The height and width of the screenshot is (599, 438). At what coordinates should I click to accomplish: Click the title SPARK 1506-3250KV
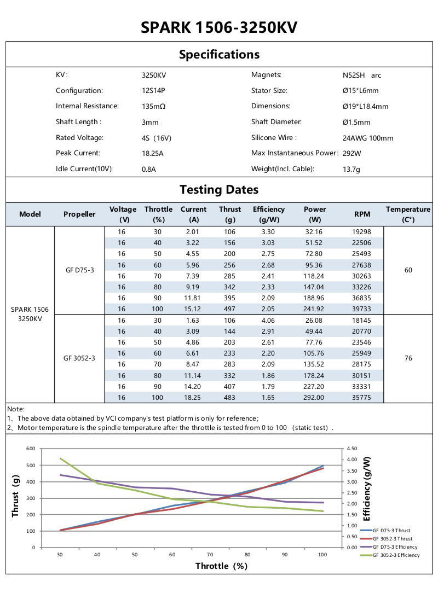click(219, 27)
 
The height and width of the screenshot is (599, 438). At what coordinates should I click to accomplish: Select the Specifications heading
click(219, 54)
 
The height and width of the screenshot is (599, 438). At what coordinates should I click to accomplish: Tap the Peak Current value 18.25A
click(153, 153)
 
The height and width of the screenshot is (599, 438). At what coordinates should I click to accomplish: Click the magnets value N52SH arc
click(361, 75)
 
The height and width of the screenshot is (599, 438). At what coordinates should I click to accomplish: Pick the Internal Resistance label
click(87, 106)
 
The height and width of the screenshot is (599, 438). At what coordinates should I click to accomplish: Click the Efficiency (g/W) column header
click(269, 214)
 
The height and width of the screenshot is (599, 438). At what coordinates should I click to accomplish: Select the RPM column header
click(362, 214)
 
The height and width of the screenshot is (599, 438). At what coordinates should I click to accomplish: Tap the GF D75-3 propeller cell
click(79, 270)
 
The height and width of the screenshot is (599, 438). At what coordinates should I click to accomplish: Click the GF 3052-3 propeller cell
click(79, 358)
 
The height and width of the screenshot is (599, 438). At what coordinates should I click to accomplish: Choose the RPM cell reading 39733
click(362, 309)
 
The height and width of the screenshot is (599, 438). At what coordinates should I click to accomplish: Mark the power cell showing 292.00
click(315, 397)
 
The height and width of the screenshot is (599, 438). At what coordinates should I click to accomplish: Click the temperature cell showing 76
click(408, 358)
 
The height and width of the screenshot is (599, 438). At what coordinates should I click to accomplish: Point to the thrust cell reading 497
click(230, 309)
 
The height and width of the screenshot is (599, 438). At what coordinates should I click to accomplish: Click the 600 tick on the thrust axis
click(31, 449)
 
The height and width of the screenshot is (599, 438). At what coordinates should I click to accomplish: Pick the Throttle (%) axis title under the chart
click(221, 566)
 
